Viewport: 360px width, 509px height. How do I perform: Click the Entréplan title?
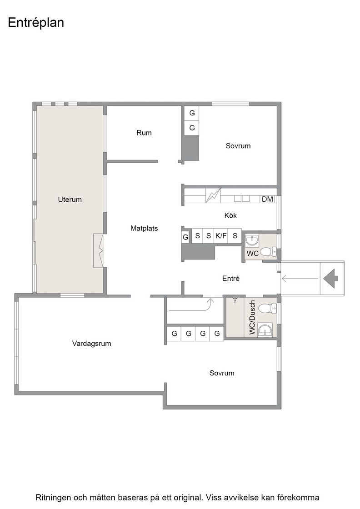pyautogui.click(x=36, y=23)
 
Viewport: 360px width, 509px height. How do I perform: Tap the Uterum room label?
pyautogui.click(x=70, y=200)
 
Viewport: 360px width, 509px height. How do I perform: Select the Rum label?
pyautogui.click(x=144, y=132)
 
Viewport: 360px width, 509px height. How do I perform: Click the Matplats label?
pyautogui.click(x=144, y=228)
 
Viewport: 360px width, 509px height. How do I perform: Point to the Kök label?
pyautogui.click(x=230, y=215)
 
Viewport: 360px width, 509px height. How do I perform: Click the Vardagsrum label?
pyautogui.click(x=91, y=344)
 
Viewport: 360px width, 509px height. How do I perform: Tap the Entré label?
pyautogui.click(x=231, y=278)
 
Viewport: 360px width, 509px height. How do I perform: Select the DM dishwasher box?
pyautogui.click(x=267, y=199)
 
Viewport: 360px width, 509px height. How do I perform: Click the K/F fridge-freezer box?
pyautogui.click(x=221, y=236)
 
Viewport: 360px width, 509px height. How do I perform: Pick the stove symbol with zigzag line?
pyautogui.click(x=213, y=196)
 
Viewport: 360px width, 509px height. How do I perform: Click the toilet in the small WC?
pyautogui.click(x=269, y=251)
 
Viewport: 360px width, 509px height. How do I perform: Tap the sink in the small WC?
pyautogui.click(x=252, y=240)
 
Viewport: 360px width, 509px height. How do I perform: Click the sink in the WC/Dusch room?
pyautogui.click(x=265, y=330)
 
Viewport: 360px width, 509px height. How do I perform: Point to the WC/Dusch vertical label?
pyautogui.click(x=253, y=317)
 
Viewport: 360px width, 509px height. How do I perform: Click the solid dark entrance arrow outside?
pyautogui.click(x=331, y=279)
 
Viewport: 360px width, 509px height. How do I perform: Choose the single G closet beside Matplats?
pyautogui.click(x=185, y=237)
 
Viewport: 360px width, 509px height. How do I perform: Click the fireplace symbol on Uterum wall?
pyautogui.click(x=99, y=250)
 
